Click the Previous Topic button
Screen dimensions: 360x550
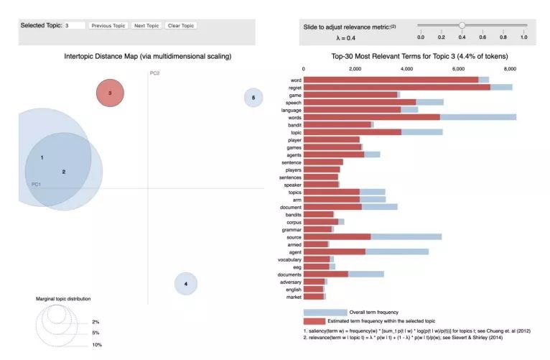[x=108, y=26]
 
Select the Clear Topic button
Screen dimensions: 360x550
[x=181, y=26]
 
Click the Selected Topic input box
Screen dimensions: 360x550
[x=74, y=26]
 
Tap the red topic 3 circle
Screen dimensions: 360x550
[x=110, y=93]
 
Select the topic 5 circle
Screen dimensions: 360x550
[x=253, y=98]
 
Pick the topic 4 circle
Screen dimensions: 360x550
[x=186, y=284]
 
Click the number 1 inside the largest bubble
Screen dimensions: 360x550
[x=42, y=157]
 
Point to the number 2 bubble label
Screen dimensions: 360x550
[x=64, y=172]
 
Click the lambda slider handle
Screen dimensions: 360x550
[x=462, y=25]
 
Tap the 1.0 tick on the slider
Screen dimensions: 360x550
[x=523, y=37]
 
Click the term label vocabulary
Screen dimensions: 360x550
[x=288, y=259]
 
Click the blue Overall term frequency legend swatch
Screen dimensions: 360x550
[x=325, y=313]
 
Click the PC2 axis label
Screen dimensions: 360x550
[x=154, y=73]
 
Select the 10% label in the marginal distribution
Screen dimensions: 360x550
[x=96, y=345]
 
